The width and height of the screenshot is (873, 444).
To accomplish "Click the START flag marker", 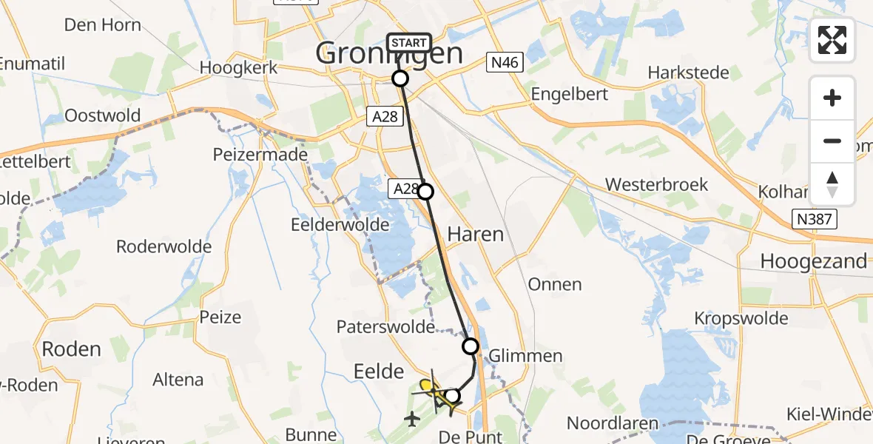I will pos(408,43).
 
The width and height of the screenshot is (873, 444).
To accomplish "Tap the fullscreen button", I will pos(832,40).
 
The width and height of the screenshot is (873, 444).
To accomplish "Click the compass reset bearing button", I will pos(832,184).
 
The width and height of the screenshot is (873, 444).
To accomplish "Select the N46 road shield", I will pos(505,64).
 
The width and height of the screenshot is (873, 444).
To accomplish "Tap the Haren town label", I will pos(475,235).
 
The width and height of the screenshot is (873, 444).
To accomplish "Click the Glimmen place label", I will pos(525,355).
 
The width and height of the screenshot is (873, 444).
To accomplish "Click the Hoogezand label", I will pos(814,261).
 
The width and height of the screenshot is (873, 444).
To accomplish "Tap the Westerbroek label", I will pos(656,184).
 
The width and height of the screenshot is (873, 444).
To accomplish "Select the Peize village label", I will pos(220,317).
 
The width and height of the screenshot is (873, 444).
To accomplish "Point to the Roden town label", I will pos(71,349).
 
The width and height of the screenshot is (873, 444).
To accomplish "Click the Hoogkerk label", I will pos(238,67).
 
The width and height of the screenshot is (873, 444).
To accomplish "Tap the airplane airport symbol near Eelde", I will pos(412,419).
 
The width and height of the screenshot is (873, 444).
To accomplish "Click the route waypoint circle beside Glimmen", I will pos(471,346).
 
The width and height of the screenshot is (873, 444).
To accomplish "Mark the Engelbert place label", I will pos(570,94).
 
